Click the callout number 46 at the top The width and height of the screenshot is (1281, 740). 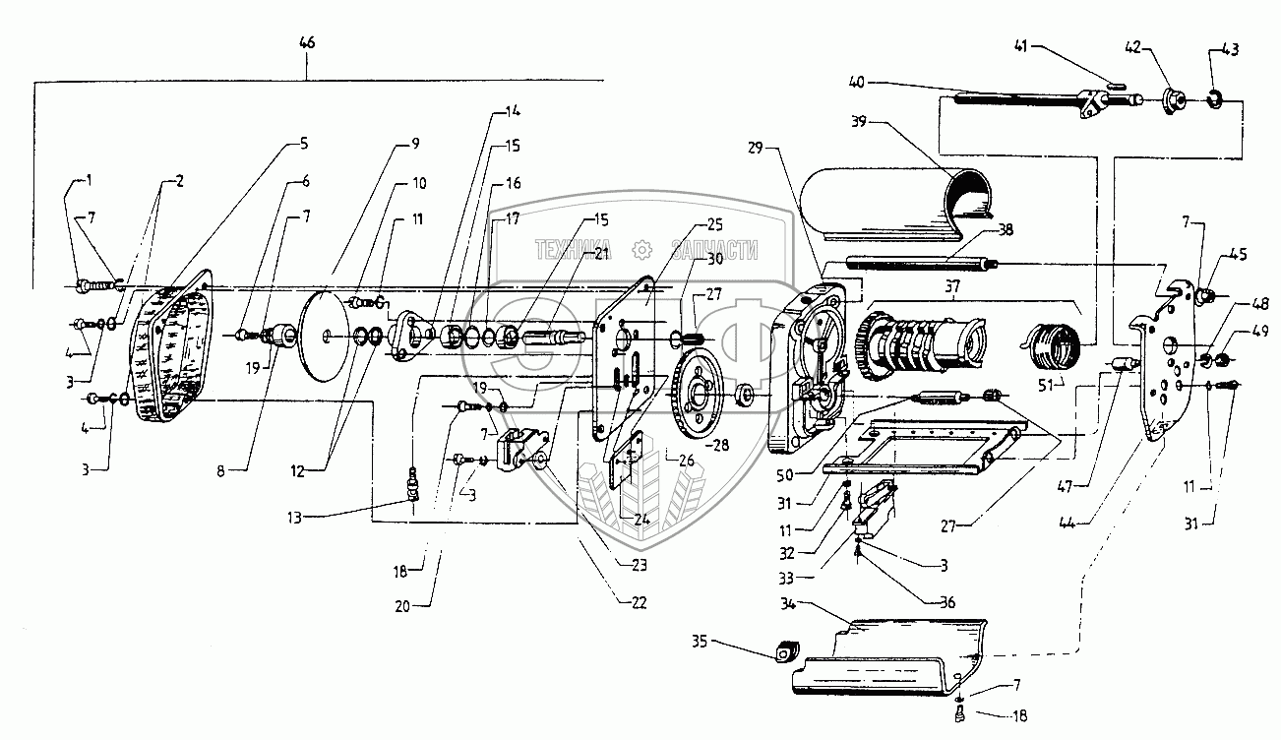307,43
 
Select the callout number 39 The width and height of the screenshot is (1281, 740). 858,122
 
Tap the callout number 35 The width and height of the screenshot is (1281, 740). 700,642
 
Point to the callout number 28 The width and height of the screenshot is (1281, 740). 721,445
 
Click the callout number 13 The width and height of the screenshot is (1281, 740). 294,519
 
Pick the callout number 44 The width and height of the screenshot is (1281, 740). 1067,523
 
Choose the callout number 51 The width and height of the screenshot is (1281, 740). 1046,386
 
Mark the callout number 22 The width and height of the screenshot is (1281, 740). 639,603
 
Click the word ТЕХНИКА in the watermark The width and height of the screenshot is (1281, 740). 573,250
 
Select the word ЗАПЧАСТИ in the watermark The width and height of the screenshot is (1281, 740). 715,250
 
